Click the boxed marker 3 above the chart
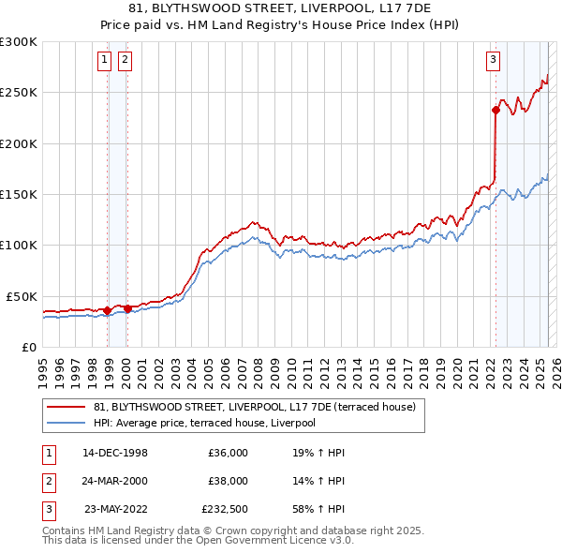[493, 62]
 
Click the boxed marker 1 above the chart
[105, 62]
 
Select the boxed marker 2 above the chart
[125, 62]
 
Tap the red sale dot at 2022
[495, 110]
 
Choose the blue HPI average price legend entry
[204, 423]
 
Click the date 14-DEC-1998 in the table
[115, 453]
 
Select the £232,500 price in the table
[224, 509]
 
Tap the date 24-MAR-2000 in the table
[115, 481]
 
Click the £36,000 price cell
[228, 453]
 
